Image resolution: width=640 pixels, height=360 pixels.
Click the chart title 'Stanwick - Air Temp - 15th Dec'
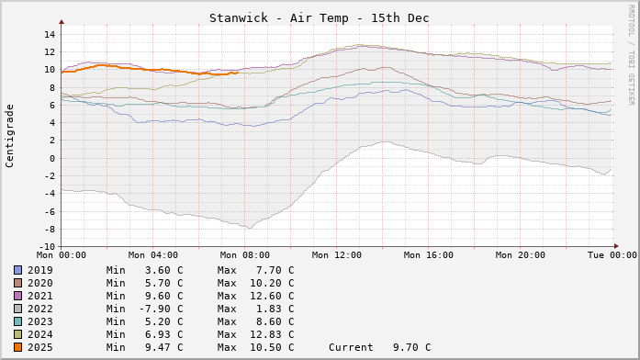pyautogui.click(x=319, y=18)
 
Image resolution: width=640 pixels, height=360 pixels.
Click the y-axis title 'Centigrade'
pyautogui.click(x=10, y=136)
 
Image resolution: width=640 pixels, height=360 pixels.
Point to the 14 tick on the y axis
pyautogui.click(x=50, y=35)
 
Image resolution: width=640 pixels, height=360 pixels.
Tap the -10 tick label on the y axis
pyautogui.click(x=46, y=246)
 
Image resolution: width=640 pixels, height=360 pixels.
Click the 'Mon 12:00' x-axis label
pyautogui.click(x=336, y=255)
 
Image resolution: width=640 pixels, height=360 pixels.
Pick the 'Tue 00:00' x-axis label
pyautogui.click(x=612, y=255)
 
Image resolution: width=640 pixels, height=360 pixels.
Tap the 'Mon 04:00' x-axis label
pyautogui.click(x=152, y=255)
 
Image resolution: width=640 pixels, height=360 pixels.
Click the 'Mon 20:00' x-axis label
pyautogui.click(x=520, y=255)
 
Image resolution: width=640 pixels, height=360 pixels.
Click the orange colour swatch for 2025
pyautogui.click(x=17, y=347)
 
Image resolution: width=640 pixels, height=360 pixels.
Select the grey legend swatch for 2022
pyautogui.click(x=17, y=309)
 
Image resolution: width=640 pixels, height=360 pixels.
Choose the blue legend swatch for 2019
pyautogui.click(x=17, y=270)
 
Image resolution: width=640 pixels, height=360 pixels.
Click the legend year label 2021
pyautogui.click(x=40, y=296)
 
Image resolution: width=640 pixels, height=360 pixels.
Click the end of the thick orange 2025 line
pyautogui.click(x=238, y=73)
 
